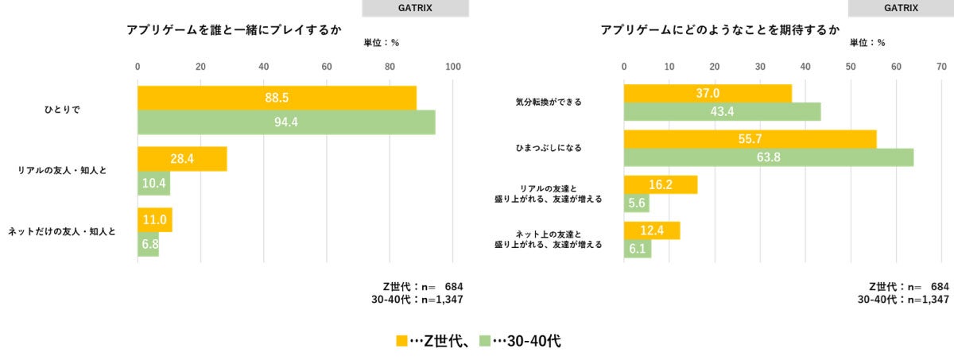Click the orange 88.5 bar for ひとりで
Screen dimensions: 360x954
[x=277, y=98]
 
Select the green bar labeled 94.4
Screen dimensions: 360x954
[x=286, y=122]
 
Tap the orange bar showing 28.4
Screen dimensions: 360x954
[x=182, y=159]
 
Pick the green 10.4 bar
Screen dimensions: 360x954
[x=153, y=184]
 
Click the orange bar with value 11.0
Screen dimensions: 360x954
[x=155, y=220]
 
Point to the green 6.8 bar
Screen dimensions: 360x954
[x=148, y=245]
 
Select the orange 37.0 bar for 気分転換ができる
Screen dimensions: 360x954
[x=708, y=94]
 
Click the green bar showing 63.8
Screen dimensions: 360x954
[x=768, y=157]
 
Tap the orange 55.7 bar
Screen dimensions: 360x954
[x=750, y=139]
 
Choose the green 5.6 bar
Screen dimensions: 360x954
[x=636, y=203]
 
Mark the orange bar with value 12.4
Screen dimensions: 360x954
[x=652, y=230]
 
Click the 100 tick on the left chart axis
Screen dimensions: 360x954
[x=453, y=67]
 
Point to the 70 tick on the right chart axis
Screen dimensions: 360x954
[x=942, y=67]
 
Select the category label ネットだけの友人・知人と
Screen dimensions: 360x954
[x=62, y=232]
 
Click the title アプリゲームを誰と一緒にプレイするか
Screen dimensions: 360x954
[x=234, y=30]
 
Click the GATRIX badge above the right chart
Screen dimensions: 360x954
[x=901, y=9]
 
